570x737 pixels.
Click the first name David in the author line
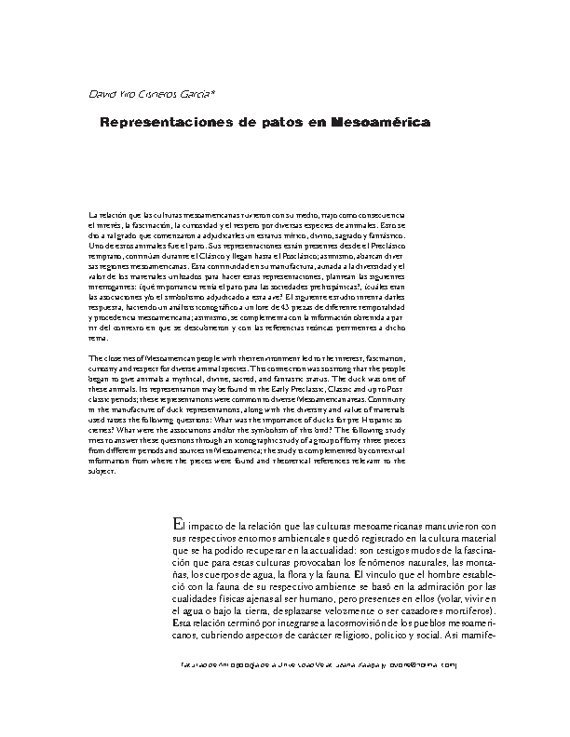100,94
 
